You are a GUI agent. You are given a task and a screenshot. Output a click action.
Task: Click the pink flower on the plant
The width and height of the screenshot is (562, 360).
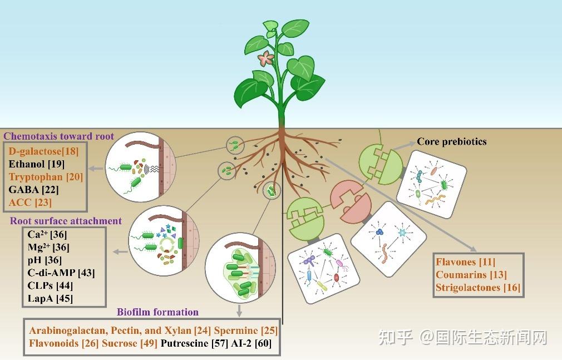tap(267, 59)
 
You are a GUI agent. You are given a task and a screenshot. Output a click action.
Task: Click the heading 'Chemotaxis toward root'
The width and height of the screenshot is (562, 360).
tap(59, 136)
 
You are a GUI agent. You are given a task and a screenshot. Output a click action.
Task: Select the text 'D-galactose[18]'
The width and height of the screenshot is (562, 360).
tap(43, 151)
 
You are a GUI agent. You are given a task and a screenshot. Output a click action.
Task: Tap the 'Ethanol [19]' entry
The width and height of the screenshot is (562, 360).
tap(37, 164)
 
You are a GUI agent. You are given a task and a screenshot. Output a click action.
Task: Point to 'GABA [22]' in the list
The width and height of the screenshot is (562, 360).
tap(34, 189)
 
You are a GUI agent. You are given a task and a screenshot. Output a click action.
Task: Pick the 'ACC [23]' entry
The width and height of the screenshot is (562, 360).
tap(31, 202)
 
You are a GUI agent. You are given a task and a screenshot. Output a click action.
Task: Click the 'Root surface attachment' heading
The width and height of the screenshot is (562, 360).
tap(66, 221)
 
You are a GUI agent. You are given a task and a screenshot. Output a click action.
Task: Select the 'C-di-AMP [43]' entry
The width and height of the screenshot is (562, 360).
tap(61, 273)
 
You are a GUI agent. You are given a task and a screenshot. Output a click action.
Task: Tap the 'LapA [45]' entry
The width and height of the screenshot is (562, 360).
tap(50, 298)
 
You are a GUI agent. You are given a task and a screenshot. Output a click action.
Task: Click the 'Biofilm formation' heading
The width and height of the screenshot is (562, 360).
tap(157, 312)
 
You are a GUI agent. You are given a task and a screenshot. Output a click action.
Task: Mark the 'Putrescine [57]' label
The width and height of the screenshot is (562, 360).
tap(194, 343)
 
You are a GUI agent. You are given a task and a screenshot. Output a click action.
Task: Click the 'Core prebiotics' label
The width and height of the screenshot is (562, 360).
tap(452, 142)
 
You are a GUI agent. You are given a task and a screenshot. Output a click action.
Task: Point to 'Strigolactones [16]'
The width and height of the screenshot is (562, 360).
tap(478, 288)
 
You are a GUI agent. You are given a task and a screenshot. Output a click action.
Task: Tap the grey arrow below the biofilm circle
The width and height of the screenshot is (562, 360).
tap(239, 310)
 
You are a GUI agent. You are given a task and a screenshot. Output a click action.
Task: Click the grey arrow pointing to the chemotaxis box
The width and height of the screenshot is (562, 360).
tap(96, 168)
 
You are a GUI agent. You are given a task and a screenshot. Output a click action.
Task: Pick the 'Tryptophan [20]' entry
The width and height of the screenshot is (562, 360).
tap(46, 177)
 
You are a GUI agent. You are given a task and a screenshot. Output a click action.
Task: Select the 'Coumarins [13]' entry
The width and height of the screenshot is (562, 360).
tap(471, 275)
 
